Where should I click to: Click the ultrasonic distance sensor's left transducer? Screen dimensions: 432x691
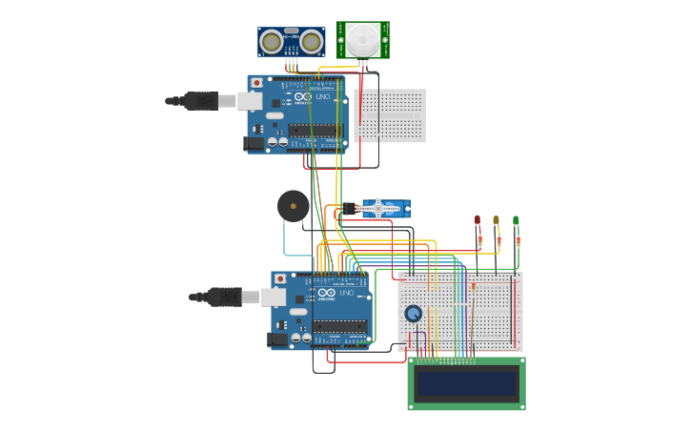(272, 41)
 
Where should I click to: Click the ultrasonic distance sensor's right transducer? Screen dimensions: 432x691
(311, 41)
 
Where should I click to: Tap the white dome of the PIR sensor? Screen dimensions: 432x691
(362, 40)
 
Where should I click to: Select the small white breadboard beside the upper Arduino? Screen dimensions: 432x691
(390, 115)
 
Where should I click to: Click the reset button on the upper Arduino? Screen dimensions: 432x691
(256, 83)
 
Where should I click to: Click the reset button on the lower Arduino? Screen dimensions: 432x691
(279, 279)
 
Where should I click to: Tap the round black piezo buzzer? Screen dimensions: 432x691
(293, 205)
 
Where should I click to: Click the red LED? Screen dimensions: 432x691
(478, 220)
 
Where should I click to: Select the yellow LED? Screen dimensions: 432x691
(496, 220)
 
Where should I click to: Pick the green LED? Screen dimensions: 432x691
(516, 220)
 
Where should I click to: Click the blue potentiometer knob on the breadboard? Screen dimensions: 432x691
(413, 313)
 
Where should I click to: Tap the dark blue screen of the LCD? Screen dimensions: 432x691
(467, 383)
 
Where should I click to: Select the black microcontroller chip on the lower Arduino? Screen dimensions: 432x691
(339, 326)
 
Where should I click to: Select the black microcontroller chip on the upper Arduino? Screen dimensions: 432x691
(315, 130)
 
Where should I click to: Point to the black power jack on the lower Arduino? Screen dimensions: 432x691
(277, 339)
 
